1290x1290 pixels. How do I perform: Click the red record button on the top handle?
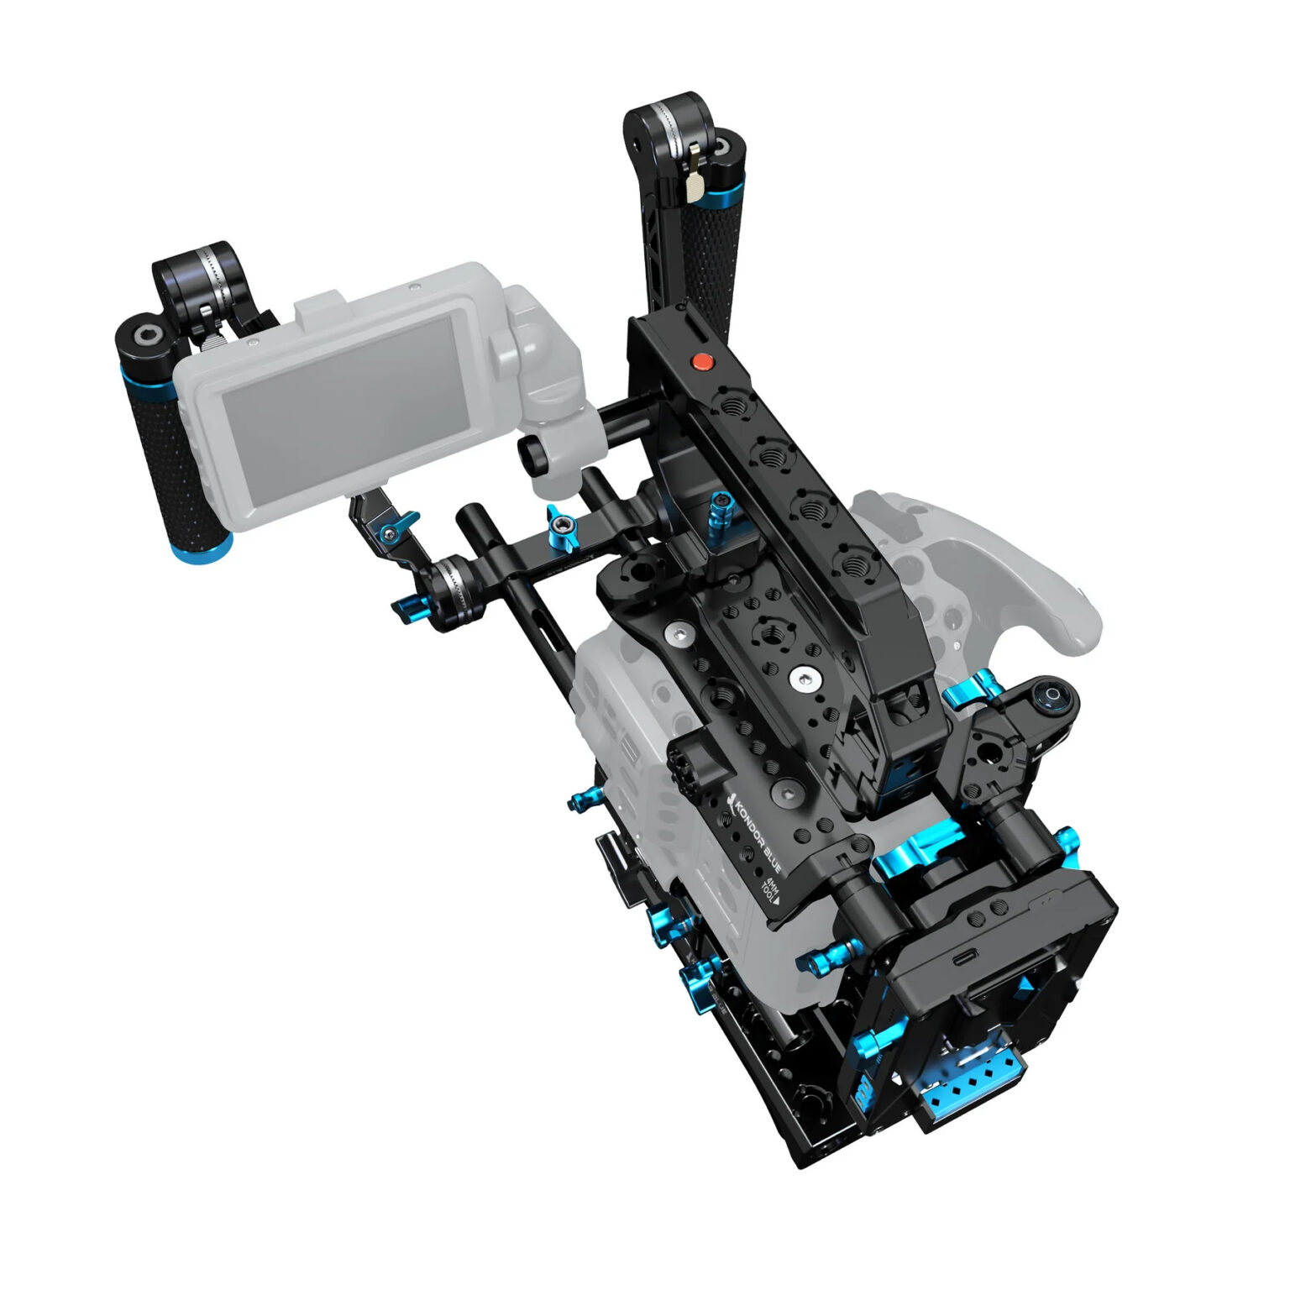[701, 362]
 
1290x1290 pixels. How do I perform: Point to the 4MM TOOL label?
[769, 889]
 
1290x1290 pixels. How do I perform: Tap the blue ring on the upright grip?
[721, 200]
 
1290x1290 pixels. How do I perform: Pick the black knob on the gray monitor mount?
[531, 454]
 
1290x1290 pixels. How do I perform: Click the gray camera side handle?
[1008, 571]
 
